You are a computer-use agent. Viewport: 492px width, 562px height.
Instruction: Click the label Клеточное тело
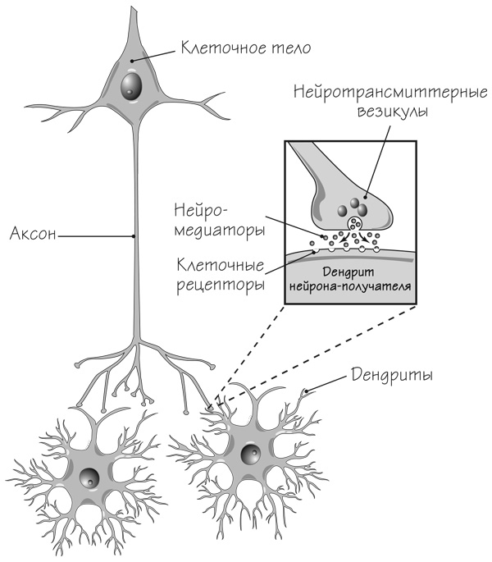click(245, 48)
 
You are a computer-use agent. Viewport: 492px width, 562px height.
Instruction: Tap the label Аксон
click(33, 233)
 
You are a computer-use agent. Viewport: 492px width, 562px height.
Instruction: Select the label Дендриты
click(392, 375)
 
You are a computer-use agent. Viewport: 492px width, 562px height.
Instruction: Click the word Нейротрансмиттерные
click(390, 93)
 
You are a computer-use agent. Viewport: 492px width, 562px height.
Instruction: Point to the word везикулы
click(393, 112)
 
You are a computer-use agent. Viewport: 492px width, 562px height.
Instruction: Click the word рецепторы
click(221, 286)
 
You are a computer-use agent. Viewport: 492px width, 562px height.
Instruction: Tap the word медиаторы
click(220, 231)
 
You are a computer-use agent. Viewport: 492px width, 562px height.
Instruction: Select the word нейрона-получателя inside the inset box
click(350, 286)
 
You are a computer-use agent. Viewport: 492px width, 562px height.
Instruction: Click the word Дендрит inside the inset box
click(348, 272)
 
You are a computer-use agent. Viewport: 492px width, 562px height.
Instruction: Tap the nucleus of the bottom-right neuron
click(250, 455)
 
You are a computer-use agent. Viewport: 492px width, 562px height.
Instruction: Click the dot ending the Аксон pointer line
click(134, 236)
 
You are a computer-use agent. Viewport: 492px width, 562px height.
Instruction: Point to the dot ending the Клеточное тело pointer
click(132, 62)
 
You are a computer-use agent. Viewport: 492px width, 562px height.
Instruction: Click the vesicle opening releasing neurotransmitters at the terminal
click(354, 224)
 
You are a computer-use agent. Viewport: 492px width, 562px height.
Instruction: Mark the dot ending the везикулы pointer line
click(365, 197)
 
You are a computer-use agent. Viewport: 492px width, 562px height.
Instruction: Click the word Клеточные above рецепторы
click(221, 266)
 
